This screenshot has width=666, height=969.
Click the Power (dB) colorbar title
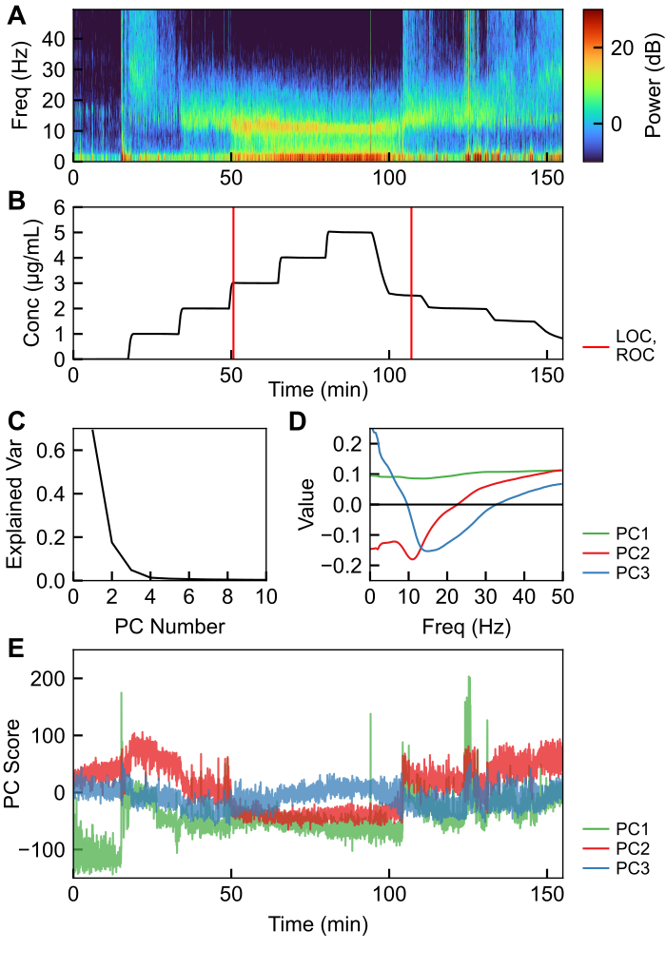[652, 86]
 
